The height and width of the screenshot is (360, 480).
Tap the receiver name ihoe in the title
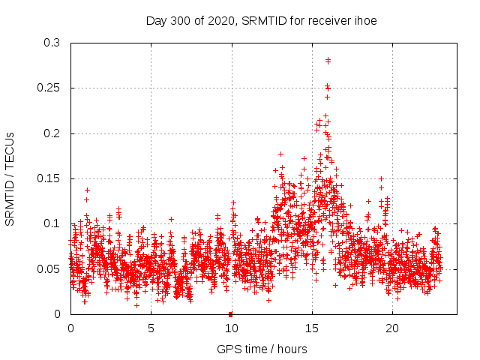pyautogui.click(x=364, y=20)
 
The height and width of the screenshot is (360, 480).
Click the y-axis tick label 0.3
pyautogui.click(x=52, y=43)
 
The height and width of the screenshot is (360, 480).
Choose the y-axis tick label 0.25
pyautogui.click(x=49, y=88)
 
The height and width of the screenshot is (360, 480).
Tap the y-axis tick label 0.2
pyautogui.click(x=52, y=133)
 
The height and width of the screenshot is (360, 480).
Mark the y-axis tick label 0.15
pyautogui.click(x=49, y=178)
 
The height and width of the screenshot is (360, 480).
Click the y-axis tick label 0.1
pyautogui.click(x=52, y=223)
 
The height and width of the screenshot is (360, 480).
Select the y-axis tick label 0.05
pyautogui.click(x=49, y=268)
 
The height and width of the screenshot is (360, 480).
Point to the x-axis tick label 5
pyautogui.click(x=151, y=328)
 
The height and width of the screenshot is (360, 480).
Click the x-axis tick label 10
pyautogui.click(x=231, y=328)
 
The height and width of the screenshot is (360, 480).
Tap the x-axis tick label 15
pyautogui.click(x=311, y=328)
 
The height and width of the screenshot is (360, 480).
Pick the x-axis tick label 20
pyautogui.click(x=391, y=328)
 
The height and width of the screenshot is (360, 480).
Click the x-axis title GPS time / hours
pyautogui.click(x=262, y=349)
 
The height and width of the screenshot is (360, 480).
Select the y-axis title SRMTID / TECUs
pyautogui.click(x=10, y=178)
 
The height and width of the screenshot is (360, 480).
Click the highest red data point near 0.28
pyautogui.click(x=328, y=60)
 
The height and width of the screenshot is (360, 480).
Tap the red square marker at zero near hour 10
pyautogui.click(x=230, y=313)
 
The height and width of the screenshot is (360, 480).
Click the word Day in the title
pyautogui.click(x=155, y=20)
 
